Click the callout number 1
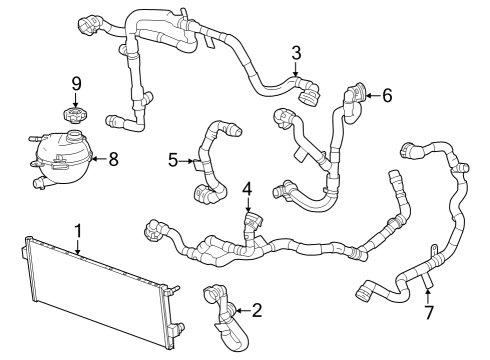(77, 230)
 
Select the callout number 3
(296, 52)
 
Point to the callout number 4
(246, 188)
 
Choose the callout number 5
(173, 159)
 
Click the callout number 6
(387, 96)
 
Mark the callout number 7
(428, 314)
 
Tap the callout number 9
(75, 83)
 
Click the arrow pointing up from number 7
(428, 295)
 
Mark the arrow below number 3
(296, 70)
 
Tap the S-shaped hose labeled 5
(210, 160)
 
